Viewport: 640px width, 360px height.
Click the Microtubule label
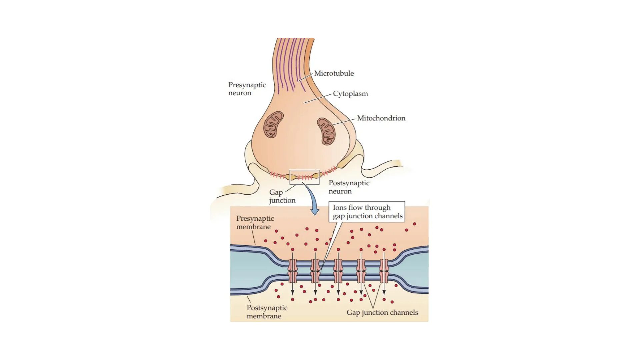334,73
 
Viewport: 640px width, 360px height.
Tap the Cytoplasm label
350,94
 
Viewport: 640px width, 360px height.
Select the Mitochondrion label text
381,118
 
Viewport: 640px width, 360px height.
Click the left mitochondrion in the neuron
273,124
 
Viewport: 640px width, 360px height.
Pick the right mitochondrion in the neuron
326,131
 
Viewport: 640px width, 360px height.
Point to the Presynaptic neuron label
247,89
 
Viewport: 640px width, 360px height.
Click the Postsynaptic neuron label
349,187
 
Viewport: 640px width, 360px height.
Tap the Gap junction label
282,196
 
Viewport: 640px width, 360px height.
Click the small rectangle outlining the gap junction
304,177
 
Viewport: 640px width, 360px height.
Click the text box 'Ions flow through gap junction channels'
367,212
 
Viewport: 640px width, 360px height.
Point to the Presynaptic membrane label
255,222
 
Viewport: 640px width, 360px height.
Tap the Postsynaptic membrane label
267,312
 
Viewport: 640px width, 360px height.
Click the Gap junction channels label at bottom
382,312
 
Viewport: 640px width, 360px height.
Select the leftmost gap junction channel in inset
292,271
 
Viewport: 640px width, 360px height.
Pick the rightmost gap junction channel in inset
384,271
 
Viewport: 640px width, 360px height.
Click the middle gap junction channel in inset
338,271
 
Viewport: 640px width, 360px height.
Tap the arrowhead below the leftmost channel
292,292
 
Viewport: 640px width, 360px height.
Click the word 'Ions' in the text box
340,207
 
